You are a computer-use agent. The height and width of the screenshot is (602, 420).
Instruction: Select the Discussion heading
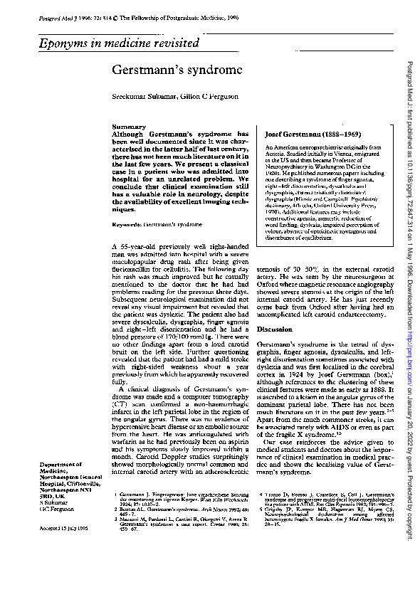coord(274,331)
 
